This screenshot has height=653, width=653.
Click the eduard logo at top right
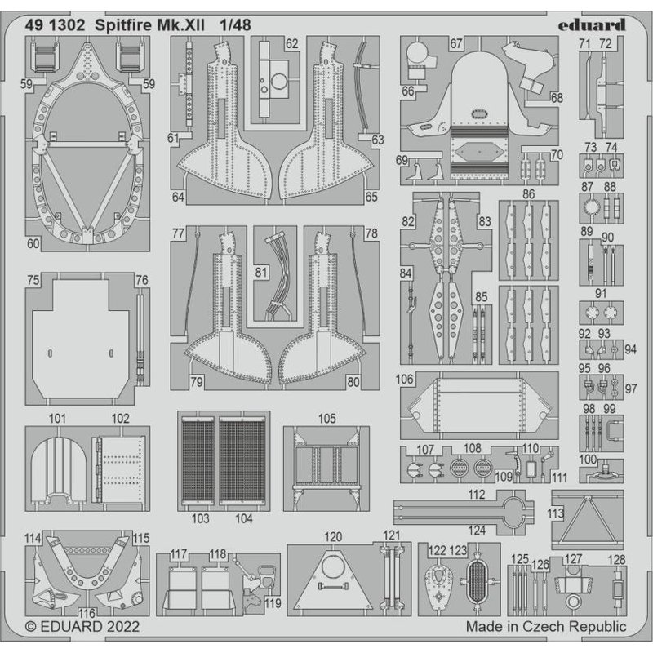point(593,24)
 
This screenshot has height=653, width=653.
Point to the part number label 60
point(33,242)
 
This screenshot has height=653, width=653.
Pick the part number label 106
point(404,380)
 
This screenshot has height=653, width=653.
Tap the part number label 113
point(556,513)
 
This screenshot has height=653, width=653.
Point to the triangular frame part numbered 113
point(589,521)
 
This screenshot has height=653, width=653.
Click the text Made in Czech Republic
point(546,627)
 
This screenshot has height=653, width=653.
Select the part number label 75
point(33,280)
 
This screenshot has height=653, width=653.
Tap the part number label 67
point(455,42)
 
